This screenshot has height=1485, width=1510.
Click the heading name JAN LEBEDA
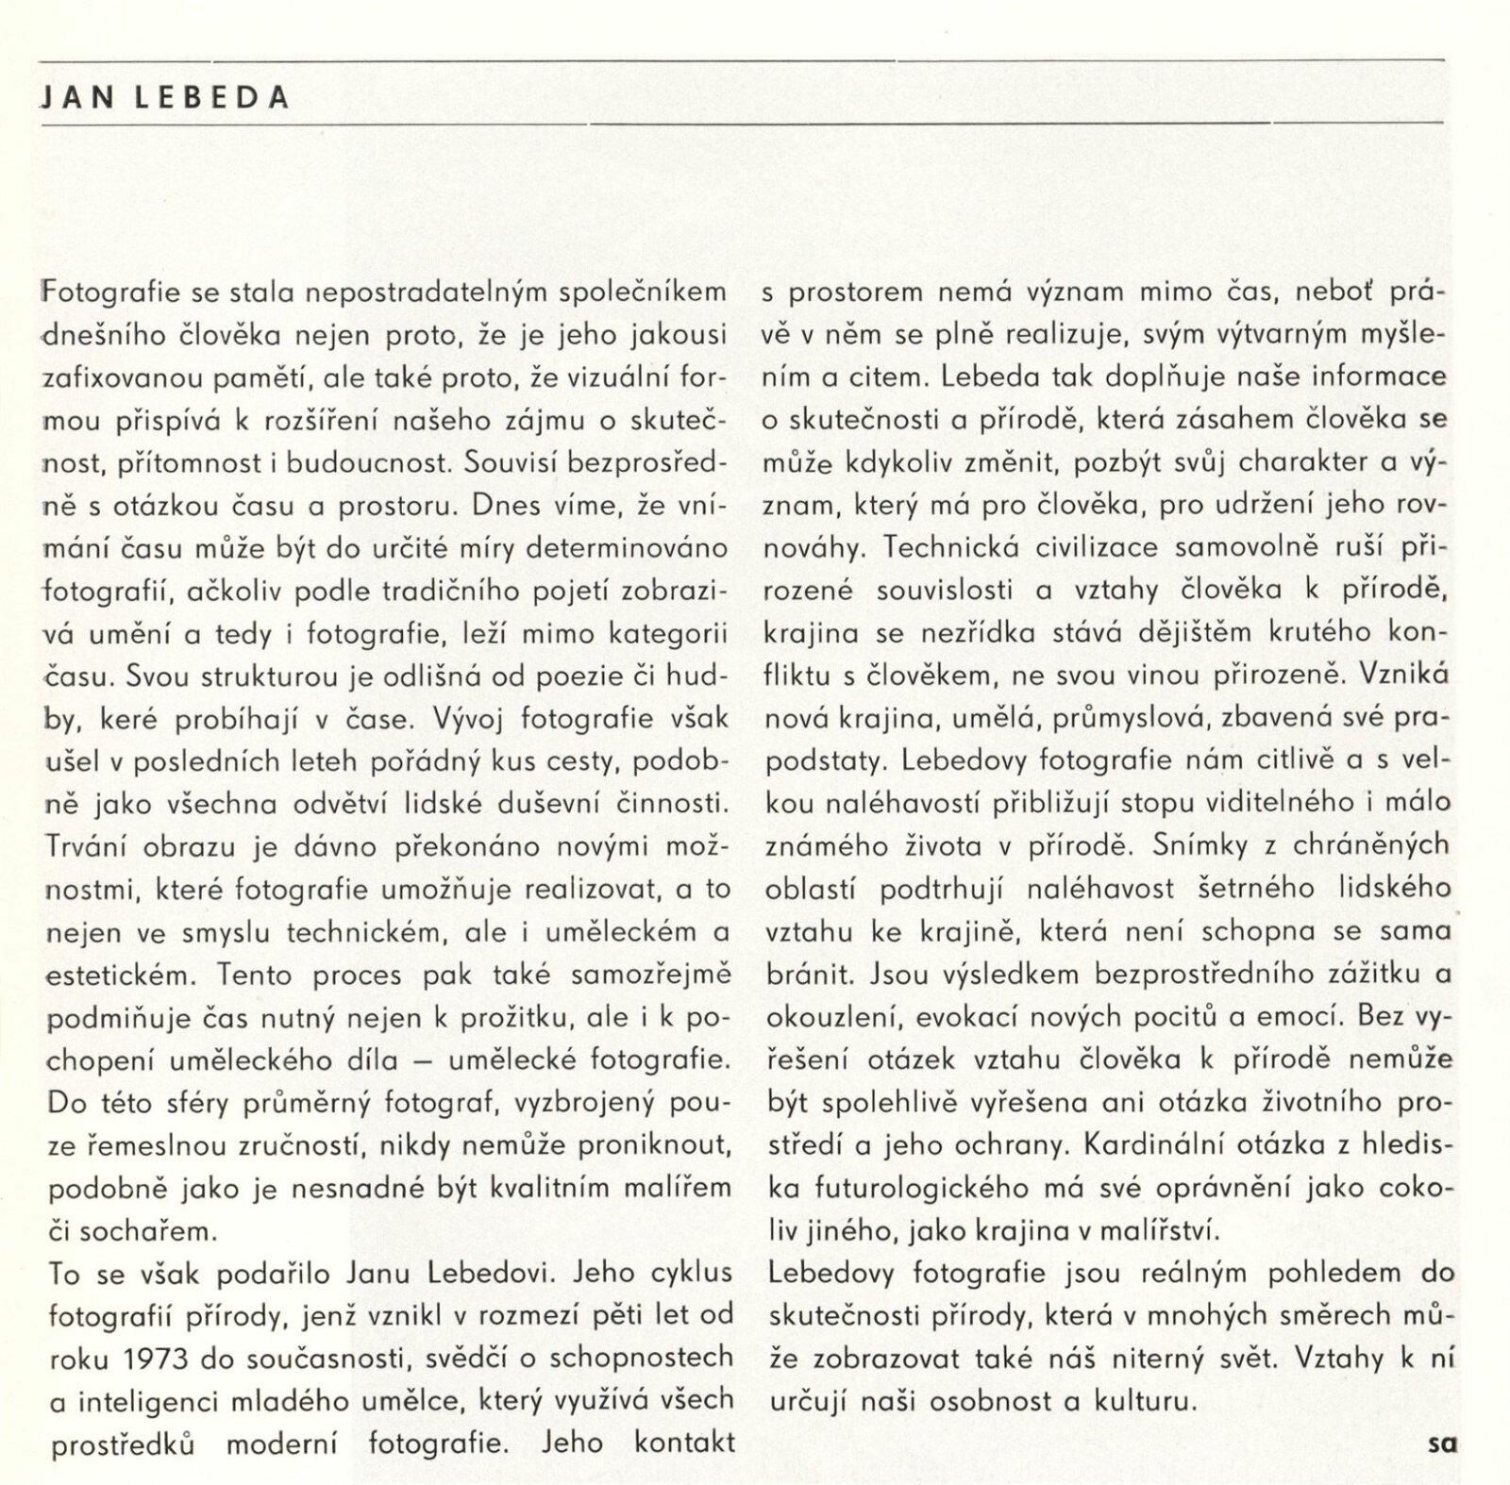tap(163, 98)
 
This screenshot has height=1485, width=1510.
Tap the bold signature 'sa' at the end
tap(1443, 1443)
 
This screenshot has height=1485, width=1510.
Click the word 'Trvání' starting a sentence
tap(88, 846)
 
